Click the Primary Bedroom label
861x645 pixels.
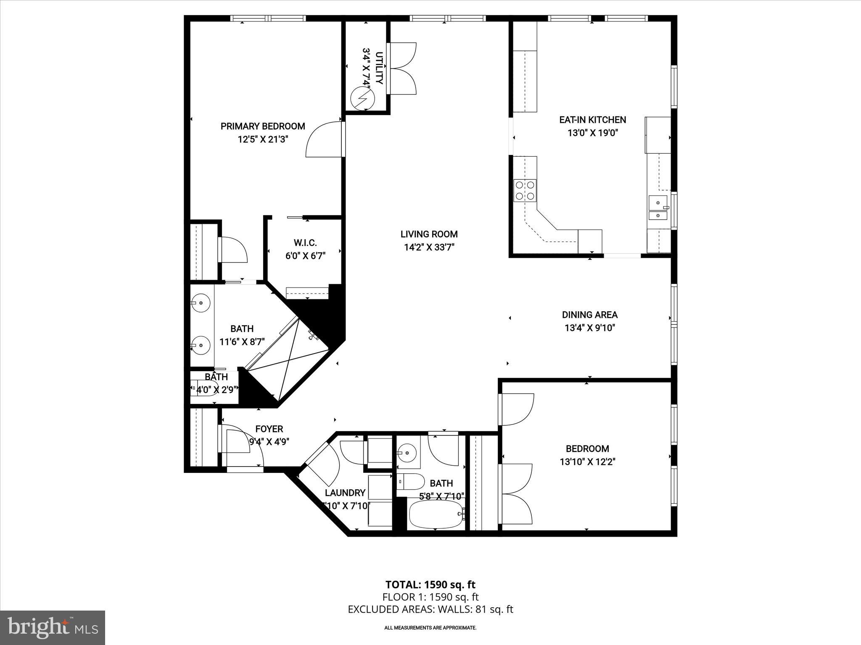pyautogui.click(x=263, y=126)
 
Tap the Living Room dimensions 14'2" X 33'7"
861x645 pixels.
pyautogui.click(x=429, y=247)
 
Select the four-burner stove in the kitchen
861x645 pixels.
pyautogui.click(x=525, y=190)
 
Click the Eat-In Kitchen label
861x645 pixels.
pyautogui.click(x=592, y=120)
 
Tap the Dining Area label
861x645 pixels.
pyautogui.click(x=589, y=315)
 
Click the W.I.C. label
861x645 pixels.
pyautogui.click(x=305, y=243)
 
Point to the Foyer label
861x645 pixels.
pyautogui.click(x=269, y=429)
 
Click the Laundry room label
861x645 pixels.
pyautogui.click(x=345, y=493)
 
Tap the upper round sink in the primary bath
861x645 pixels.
pyautogui.click(x=201, y=302)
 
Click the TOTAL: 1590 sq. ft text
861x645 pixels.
pyautogui.click(x=430, y=585)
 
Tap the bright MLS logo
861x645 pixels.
pyautogui.click(x=53, y=628)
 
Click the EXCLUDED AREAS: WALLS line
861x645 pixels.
pyautogui.click(x=430, y=609)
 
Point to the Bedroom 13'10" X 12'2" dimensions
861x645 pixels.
pyautogui.click(x=587, y=462)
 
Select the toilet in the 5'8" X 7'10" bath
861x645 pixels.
pyautogui.click(x=411, y=482)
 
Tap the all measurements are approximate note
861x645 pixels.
pyautogui.click(x=430, y=628)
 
